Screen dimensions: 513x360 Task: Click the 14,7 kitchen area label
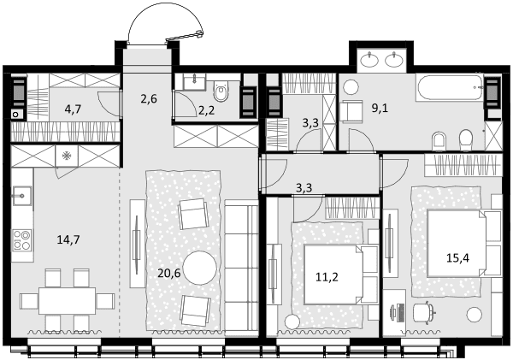pyautogui.click(x=68, y=240)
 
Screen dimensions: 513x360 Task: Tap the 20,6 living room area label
pyautogui.click(x=168, y=273)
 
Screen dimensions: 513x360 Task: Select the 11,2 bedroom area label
pyautogui.click(x=327, y=277)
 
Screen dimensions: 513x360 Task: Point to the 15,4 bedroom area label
pyautogui.click(x=458, y=258)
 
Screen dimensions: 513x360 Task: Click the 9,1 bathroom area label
pyautogui.click(x=380, y=108)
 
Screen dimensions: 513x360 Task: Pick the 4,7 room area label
pyautogui.click(x=73, y=109)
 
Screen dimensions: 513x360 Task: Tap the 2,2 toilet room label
pyautogui.click(x=206, y=110)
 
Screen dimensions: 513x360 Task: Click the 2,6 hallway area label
pyautogui.click(x=149, y=98)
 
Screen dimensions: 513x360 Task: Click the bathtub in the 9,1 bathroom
pyautogui.click(x=449, y=87)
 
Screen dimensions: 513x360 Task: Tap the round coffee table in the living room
pyautogui.click(x=199, y=268)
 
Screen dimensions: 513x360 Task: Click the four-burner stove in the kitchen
pyautogui.click(x=22, y=240)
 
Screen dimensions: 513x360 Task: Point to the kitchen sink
pyautogui.click(x=22, y=196)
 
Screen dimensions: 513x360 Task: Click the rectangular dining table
pyautogui.click(x=67, y=300)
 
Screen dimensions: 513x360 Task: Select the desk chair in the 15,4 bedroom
pyautogui.click(x=424, y=313)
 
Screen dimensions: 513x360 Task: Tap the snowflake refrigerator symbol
pyautogui.click(x=67, y=156)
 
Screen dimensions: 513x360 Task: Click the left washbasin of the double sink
pyautogui.click(x=369, y=60)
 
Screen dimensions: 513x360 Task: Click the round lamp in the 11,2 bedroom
pyautogui.click(x=292, y=322)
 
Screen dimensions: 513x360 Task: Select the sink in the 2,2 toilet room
pyautogui.click(x=194, y=82)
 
